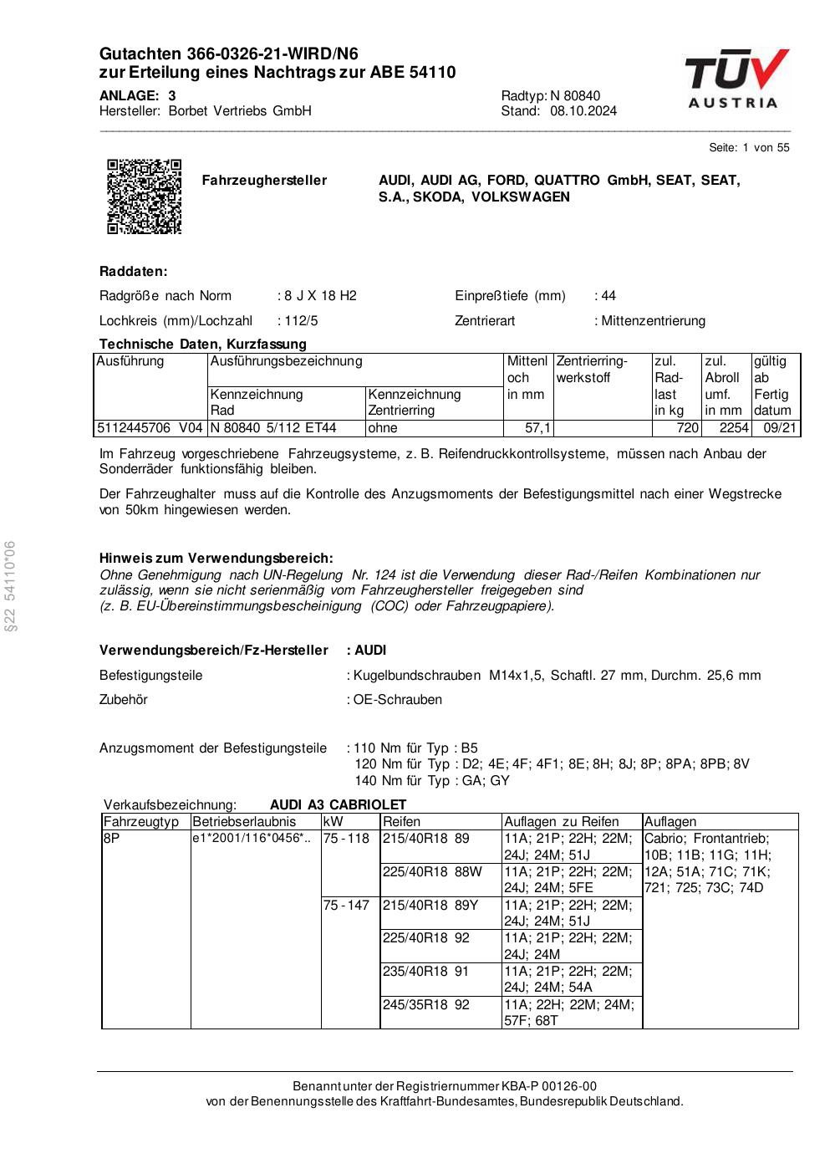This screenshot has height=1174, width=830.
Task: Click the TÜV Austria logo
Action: click(x=736, y=79)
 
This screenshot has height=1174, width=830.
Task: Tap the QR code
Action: click(x=144, y=196)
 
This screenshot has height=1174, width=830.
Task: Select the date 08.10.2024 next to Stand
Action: click(x=583, y=111)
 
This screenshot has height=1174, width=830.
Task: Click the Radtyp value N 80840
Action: click(x=575, y=95)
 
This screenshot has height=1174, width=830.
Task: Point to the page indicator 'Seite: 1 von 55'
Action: click(x=749, y=148)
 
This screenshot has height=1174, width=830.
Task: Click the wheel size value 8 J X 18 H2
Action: click(x=320, y=296)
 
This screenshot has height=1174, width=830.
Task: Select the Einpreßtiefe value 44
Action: click(x=608, y=296)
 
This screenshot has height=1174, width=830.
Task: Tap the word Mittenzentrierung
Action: click(x=653, y=321)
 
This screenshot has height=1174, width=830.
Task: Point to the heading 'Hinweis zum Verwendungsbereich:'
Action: click(x=216, y=558)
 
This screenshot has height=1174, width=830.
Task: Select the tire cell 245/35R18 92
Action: click(x=425, y=1005)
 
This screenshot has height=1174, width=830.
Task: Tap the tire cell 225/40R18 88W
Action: click(x=432, y=871)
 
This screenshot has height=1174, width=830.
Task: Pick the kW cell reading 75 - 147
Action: click(x=346, y=905)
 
